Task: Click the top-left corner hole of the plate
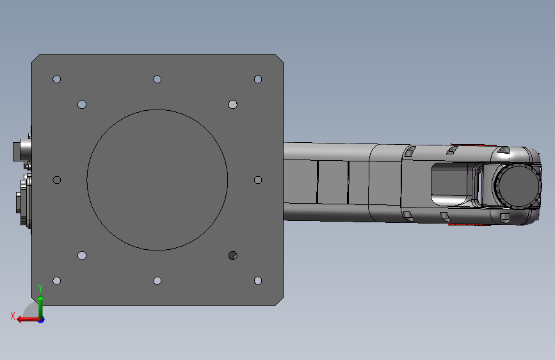[x=56, y=79]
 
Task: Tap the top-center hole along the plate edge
[x=157, y=79]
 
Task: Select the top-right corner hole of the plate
[x=258, y=79]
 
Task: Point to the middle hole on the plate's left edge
[x=56, y=180]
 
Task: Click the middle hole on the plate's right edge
[x=258, y=180]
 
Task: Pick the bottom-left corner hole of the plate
[x=56, y=281]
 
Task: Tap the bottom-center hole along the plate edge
[x=157, y=281]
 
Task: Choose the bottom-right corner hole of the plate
[x=258, y=281]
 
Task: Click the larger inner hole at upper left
[x=82, y=104]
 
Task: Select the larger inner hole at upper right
[x=233, y=104]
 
